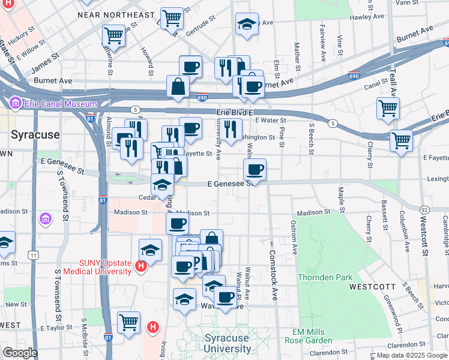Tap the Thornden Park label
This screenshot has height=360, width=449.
click(x=327, y=278)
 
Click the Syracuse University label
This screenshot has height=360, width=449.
click(x=227, y=343)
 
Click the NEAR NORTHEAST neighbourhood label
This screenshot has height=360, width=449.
click(x=124, y=14)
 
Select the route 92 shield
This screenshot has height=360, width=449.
click(x=425, y=209)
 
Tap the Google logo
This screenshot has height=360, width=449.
click(x=20, y=352)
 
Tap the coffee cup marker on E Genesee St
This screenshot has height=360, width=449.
click(x=255, y=170)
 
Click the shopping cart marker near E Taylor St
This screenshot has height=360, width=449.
click(x=128, y=323)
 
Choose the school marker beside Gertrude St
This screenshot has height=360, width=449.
click(x=247, y=25)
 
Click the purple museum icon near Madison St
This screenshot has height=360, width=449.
click(x=44, y=219)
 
